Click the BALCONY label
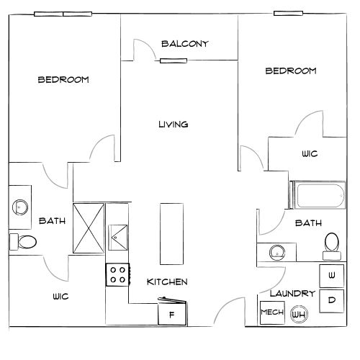(x=185, y=44)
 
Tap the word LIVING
(x=174, y=125)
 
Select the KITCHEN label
(x=167, y=282)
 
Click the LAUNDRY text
(x=292, y=293)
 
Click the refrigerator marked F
(x=172, y=311)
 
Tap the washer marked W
(x=332, y=276)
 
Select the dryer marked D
(x=332, y=301)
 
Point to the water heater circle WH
(x=299, y=314)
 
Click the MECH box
(x=272, y=312)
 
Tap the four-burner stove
(x=118, y=274)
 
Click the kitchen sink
(x=117, y=238)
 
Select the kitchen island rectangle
(x=171, y=234)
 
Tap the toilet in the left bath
(x=23, y=242)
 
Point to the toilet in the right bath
(x=332, y=246)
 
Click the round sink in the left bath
(x=20, y=207)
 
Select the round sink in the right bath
(x=277, y=253)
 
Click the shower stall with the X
(x=89, y=228)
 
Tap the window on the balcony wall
(x=174, y=61)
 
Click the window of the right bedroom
(x=288, y=14)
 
